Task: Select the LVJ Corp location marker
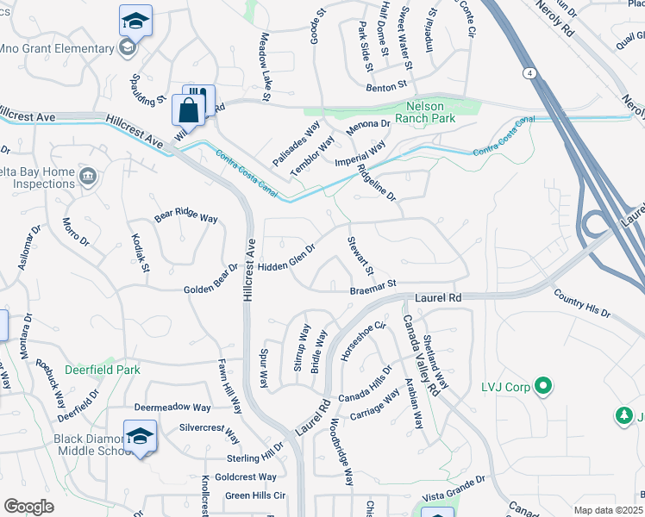coord(543,387)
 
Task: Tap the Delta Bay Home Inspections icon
coord(87,178)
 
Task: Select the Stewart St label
coord(360,257)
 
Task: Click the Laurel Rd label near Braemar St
coord(438,297)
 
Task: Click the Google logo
coord(29,506)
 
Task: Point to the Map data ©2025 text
coord(608,510)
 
